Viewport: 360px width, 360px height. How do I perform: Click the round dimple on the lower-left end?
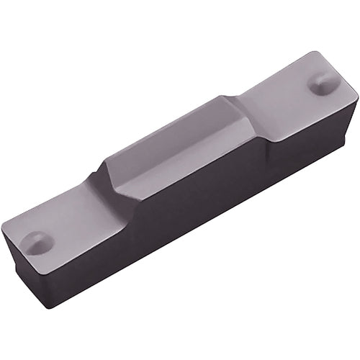[x=37, y=243]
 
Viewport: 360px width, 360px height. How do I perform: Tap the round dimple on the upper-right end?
[x=321, y=84]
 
